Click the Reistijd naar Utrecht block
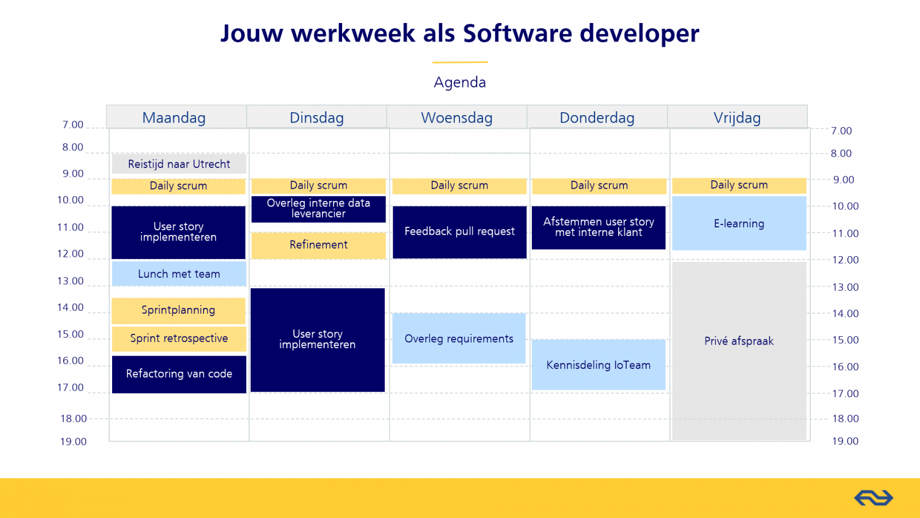tap(179, 163)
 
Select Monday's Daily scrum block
tap(178, 186)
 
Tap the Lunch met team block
tap(179, 274)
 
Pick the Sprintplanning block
tap(178, 310)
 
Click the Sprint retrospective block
tap(179, 339)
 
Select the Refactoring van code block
tap(179, 374)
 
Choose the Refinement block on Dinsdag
tap(319, 245)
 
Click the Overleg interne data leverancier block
tap(319, 210)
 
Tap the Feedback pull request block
tap(459, 233)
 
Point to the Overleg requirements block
tap(459, 338)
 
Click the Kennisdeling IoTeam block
tap(599, 365)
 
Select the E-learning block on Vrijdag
tap(739, 223)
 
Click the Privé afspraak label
tap(739, 341)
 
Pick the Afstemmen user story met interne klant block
tap(599, 228)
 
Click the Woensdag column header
tap(457, 117)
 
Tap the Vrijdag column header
tap(737, 117)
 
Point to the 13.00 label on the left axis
tap(70, 281)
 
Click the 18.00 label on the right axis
tap(845, 418)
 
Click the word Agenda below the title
tap(459, 82)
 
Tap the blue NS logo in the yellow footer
tap(873, 498)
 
